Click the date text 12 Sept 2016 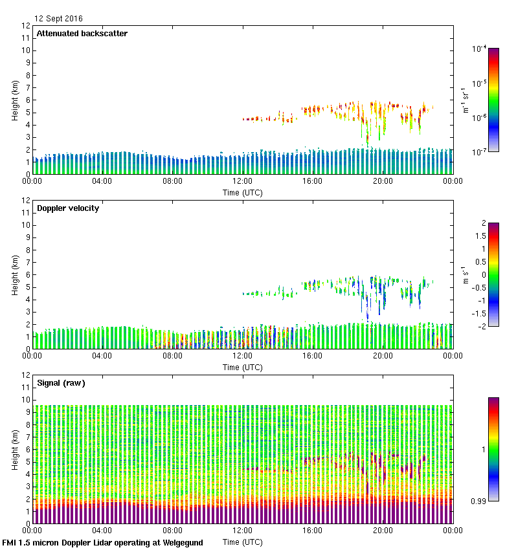[x=58, y=19]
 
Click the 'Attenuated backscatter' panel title [x=82, y=34]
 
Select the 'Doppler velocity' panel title [x=67, y=208]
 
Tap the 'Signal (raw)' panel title [x=61, y=383]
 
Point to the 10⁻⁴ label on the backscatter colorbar [x=479, y=49]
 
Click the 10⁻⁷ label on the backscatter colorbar [x=479, y=152]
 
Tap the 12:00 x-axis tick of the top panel [x=242, y=181]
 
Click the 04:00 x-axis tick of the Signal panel [x=102, y=531]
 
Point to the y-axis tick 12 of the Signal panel [x=26, y=375]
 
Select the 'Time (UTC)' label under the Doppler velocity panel [x=243, y=367]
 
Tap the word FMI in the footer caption [x=10, y=543]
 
